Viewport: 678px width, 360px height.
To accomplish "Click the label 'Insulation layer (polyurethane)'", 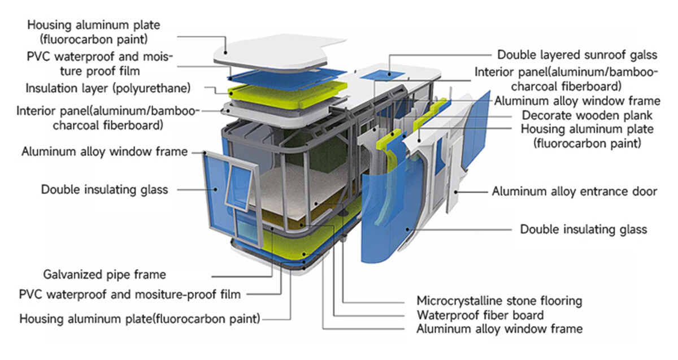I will pos(108,89).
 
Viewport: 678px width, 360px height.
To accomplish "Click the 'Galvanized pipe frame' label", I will pos(105,275).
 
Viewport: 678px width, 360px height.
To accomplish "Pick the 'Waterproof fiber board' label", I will pos(480,315).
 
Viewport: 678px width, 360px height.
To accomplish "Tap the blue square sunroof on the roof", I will pos(379,75).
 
